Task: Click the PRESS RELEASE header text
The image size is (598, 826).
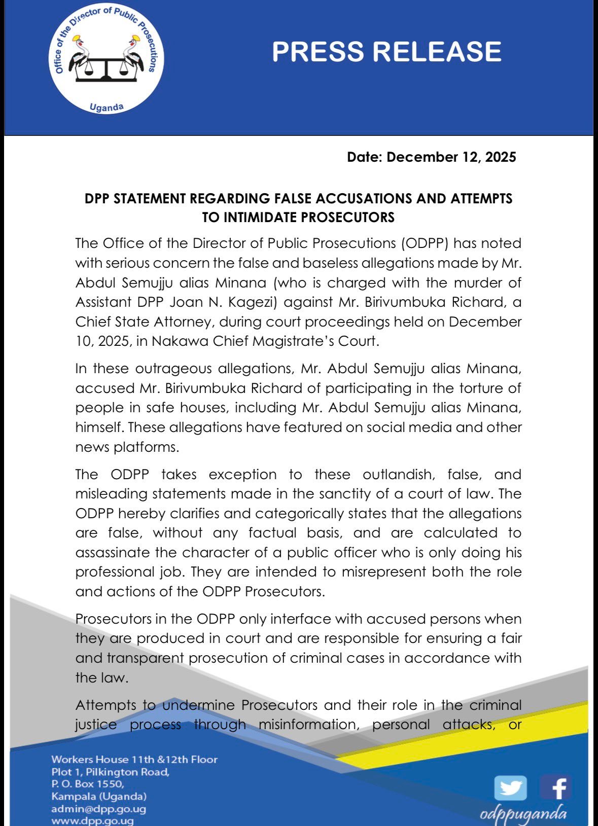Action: [386, 52]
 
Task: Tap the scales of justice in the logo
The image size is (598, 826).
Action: [107, 66]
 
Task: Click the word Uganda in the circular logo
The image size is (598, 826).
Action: [107, 107]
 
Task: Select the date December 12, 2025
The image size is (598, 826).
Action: [451, 157]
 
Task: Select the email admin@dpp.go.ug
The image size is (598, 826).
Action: [98, 809]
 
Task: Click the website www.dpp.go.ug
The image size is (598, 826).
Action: [92, 821]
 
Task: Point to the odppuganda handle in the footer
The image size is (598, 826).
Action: [523, 814]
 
